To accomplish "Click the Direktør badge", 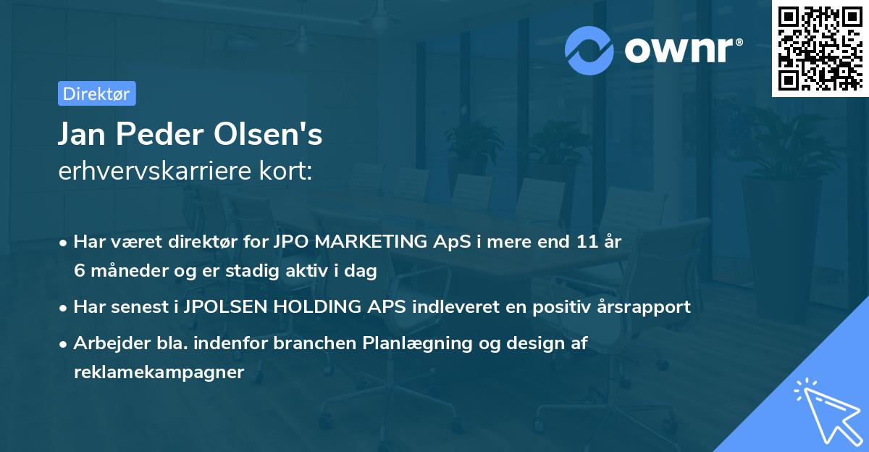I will pos(96,93).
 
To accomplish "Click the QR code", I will pos(820,48).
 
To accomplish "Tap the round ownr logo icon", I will pos(589,50).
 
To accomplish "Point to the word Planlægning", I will pos(416,344).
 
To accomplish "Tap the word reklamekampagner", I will pos(159,372).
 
